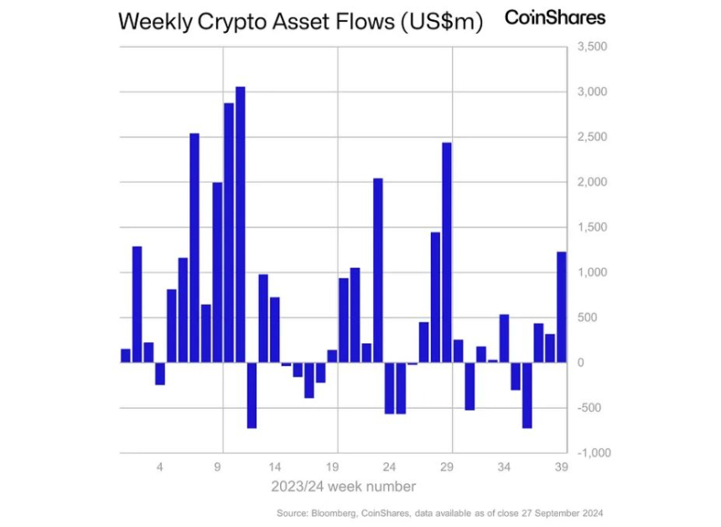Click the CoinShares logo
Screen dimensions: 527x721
[x=555, y=18]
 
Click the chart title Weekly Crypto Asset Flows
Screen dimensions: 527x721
[x=301, y=22]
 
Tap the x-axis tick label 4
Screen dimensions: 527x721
[x=160, y=467]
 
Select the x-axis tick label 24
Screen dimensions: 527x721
[x=389, y=467]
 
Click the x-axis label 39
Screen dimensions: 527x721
[x=562, y=467]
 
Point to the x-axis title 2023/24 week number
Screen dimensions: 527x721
[x=343, y=486]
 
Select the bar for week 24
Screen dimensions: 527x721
[x=389, y=388]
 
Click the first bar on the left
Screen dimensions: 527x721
[x=126, y=356]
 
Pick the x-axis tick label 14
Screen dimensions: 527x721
[x=275, y=467]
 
